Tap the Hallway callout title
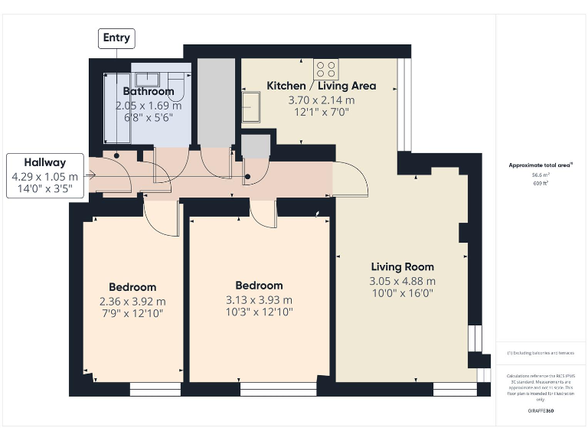point(44,162)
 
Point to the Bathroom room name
point(149,91)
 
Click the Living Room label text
point(402,266)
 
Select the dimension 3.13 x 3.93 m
point(259,299)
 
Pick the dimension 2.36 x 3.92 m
point(132,300)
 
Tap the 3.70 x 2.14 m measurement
point(321,100)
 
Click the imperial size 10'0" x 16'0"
point(402,293)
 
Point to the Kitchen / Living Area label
point(321,86)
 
